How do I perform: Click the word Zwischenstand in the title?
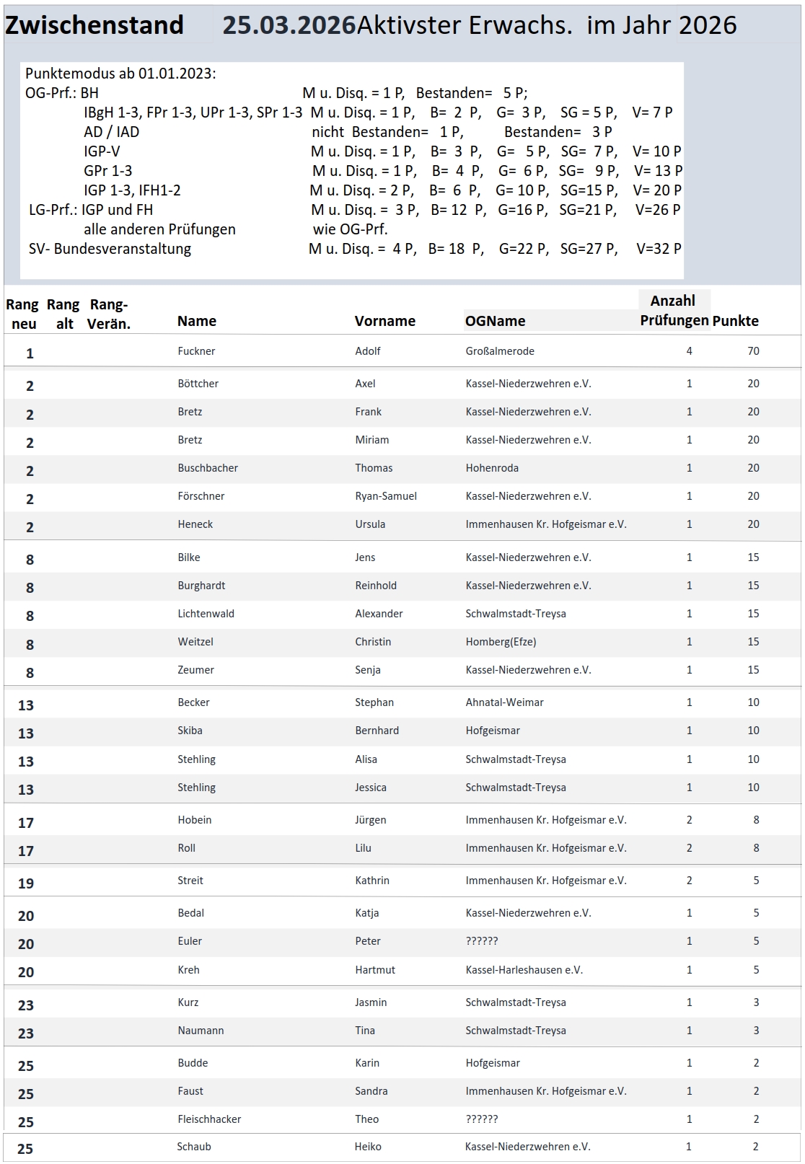tap(94, 25)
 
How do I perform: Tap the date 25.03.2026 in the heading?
tap(289, 25)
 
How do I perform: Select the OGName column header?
tap(495, 321)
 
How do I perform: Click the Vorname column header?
tap(384, 321)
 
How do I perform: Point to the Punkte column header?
tap(735, 321)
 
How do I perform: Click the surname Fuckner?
tap(196, 351)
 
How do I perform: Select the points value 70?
tap(753, 351)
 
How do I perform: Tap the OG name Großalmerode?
tap(500, 351)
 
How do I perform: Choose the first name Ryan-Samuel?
tap(385, 496)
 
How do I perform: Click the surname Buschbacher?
tap(208, 468)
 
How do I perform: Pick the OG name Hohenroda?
tap(492, 468)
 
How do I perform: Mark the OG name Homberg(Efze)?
tap(501, 642)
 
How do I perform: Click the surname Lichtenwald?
tap(206, 614)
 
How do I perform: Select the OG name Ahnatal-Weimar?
tap(504, 702)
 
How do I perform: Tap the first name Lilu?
tap(363, 848)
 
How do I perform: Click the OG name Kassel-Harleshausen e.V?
tap(524, 970)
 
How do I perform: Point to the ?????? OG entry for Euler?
tap(482, 941)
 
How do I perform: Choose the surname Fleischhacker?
tap(209, 1119)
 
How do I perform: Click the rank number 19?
tap(26, 883)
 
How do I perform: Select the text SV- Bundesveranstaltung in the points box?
tap(110, 249)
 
